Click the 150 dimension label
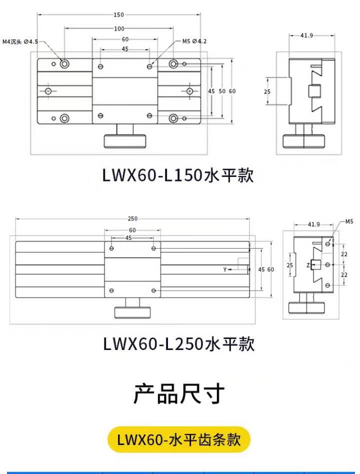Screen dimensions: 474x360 (x=118, y=15)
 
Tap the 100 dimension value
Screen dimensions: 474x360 (x=118, y=28)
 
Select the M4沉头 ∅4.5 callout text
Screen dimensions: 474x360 (x=20, y=42)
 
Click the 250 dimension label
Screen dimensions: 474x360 (x=132, y=218)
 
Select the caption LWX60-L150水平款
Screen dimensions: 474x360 (x=178, y=175)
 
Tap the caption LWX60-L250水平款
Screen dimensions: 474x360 (x=178, y=344)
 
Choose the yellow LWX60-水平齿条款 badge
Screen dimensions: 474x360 (x=179, y=440)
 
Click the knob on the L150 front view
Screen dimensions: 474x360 (x=126, y=140)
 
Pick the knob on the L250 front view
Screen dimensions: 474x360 (x=133, y=312)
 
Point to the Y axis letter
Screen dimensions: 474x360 (x=225, y=269)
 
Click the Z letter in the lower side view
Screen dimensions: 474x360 (x=308, y=265)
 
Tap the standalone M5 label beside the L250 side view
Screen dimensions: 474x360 (x=349, y=221)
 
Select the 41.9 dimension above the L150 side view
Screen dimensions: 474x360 (x=307, y=35)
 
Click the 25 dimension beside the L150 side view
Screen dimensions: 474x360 (x=267, y=91)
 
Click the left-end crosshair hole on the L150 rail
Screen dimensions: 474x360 (x=48, y=91)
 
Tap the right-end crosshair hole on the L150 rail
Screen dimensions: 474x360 (x=189, y=91)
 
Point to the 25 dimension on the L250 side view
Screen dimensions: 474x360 (x=289, y=265)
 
